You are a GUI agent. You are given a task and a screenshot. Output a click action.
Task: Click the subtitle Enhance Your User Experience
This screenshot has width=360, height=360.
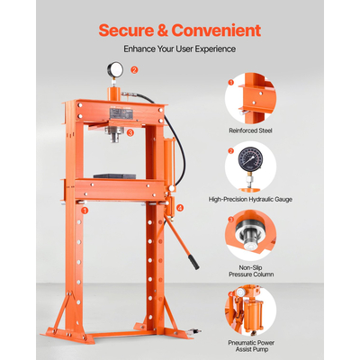[180, 49]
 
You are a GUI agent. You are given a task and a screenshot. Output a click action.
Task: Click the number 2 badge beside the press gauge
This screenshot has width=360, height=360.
[135, 69]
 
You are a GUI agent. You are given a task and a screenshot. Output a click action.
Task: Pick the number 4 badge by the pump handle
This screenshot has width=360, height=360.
[181, 209]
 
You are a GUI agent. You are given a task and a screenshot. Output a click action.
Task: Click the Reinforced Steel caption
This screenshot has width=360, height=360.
[250, 130]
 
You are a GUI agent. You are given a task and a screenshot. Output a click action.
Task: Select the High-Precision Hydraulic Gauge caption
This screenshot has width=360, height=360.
[250, 200]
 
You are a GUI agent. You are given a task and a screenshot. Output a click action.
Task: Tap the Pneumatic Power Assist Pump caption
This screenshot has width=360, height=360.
[250, 345]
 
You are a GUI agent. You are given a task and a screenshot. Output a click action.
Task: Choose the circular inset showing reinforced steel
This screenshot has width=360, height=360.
[250, 97]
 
